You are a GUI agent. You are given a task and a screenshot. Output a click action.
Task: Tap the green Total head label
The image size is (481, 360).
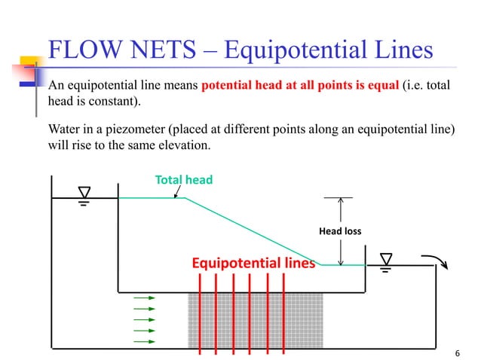184,180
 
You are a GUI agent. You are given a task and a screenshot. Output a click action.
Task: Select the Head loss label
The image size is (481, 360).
341,231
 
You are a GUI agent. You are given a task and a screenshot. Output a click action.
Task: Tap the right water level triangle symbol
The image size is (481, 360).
386,258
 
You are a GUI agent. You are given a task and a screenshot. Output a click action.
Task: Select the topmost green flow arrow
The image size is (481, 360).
144,298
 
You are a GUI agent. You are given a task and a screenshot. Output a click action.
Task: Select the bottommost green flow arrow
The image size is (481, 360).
144,340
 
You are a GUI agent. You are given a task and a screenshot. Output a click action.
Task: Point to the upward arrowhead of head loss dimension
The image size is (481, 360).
341,202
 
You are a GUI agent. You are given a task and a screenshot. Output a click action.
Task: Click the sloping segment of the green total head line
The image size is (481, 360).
253,231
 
